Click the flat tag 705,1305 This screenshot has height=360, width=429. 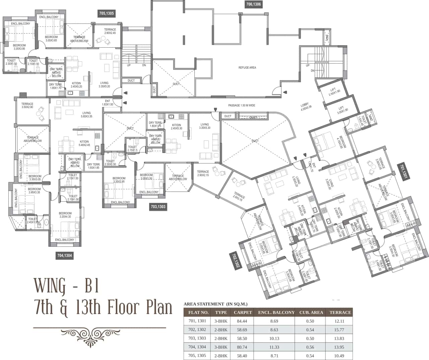[107, 13]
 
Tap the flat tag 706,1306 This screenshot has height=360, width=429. [253, 4]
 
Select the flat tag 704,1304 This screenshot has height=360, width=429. [65, 256]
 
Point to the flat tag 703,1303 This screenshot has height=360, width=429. [158, 207]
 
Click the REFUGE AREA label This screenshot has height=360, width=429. [247, 67]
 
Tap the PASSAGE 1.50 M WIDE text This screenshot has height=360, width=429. [241, 105]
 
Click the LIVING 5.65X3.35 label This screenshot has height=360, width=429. [86, 115]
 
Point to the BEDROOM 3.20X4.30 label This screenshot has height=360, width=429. [65, 215]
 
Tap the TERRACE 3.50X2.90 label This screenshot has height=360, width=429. [27, 105]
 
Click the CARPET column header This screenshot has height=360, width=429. [243, 312]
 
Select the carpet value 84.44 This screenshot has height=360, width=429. [243, 321]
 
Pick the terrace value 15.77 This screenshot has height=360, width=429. [340, 330]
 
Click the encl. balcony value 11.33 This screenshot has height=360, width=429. [274, 347]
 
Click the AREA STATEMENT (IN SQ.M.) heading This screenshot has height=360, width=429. [216, 304]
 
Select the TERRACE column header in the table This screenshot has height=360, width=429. [340, 312]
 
